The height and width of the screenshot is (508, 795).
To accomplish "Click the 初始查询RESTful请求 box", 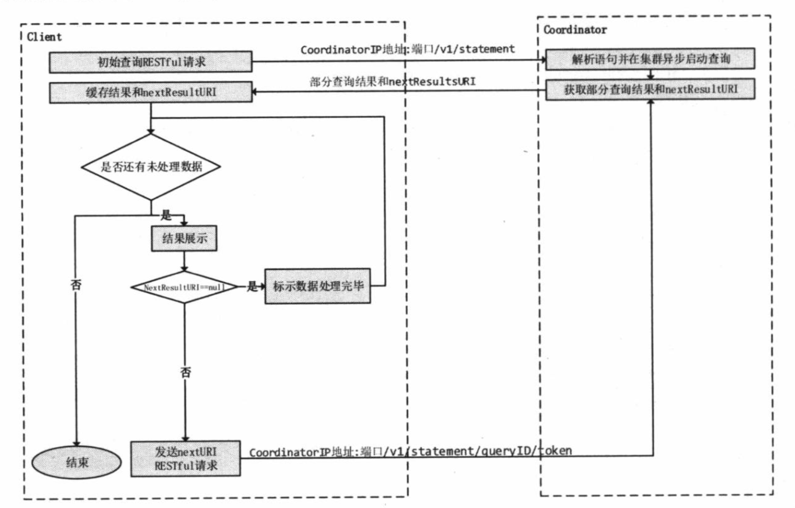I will click(150, 62).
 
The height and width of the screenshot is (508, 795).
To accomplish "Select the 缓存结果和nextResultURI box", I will click(151, 93).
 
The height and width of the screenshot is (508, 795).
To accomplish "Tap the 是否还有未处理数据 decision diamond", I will click(151, 167).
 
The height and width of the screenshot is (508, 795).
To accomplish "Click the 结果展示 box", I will click(184, 239).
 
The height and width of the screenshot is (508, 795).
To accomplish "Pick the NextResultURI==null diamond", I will click(184, 287).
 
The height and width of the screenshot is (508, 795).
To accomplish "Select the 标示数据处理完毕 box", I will click(317, 286).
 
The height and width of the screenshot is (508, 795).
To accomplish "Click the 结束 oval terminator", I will click(77, 462).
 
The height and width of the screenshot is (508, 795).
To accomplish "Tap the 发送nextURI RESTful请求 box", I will click(185, 459).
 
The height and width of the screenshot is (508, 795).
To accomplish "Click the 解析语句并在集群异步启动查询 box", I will click(650, 59).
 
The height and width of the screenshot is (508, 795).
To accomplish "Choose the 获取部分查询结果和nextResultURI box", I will click(650, 89).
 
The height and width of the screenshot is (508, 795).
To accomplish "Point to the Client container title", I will click(44, 37).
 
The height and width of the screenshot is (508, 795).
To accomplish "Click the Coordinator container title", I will click(575, 30).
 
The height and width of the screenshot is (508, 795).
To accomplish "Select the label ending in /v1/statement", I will click(407, 49).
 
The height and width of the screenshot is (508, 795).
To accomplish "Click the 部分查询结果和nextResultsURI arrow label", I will click(392, 81).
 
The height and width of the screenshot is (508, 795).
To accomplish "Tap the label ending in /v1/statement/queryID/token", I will click(410, 451).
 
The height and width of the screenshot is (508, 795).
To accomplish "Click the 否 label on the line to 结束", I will click(76, 284).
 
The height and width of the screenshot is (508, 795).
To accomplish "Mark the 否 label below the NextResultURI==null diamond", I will click(186, 372).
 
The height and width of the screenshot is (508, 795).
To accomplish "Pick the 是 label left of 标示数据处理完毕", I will click(252, 286).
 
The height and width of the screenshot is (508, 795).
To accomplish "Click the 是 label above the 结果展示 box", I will click(166, 215).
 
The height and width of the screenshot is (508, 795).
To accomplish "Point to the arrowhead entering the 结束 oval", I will click(76, 443).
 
